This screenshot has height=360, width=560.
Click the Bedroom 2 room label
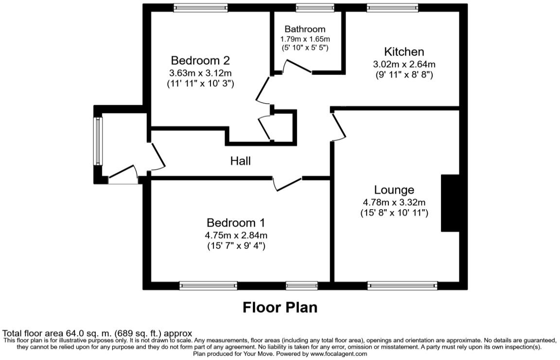coord(200,61)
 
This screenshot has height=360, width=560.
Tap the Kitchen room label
coord(404,52)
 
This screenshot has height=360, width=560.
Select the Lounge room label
coord(394,190)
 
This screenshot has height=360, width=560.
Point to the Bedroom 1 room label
coord(236,223)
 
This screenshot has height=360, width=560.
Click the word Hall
coord(241,161)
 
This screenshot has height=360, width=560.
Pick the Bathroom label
coord(305,29)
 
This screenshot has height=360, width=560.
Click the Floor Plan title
coord(280,307)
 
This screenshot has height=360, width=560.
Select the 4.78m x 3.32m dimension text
coord(394,202)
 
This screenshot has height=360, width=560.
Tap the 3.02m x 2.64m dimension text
coord(404,64)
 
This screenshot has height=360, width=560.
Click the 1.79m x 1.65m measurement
coord(305,39)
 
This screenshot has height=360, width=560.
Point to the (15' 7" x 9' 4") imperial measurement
coord(236,246)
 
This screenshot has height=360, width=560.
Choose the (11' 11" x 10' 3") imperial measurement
coord(200,83)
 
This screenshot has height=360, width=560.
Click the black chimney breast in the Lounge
coord(450,203)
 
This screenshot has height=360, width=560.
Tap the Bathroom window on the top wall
coord(315,7)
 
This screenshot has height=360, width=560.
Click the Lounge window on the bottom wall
coord(402,286)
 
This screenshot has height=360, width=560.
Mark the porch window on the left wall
coord(98,142)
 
